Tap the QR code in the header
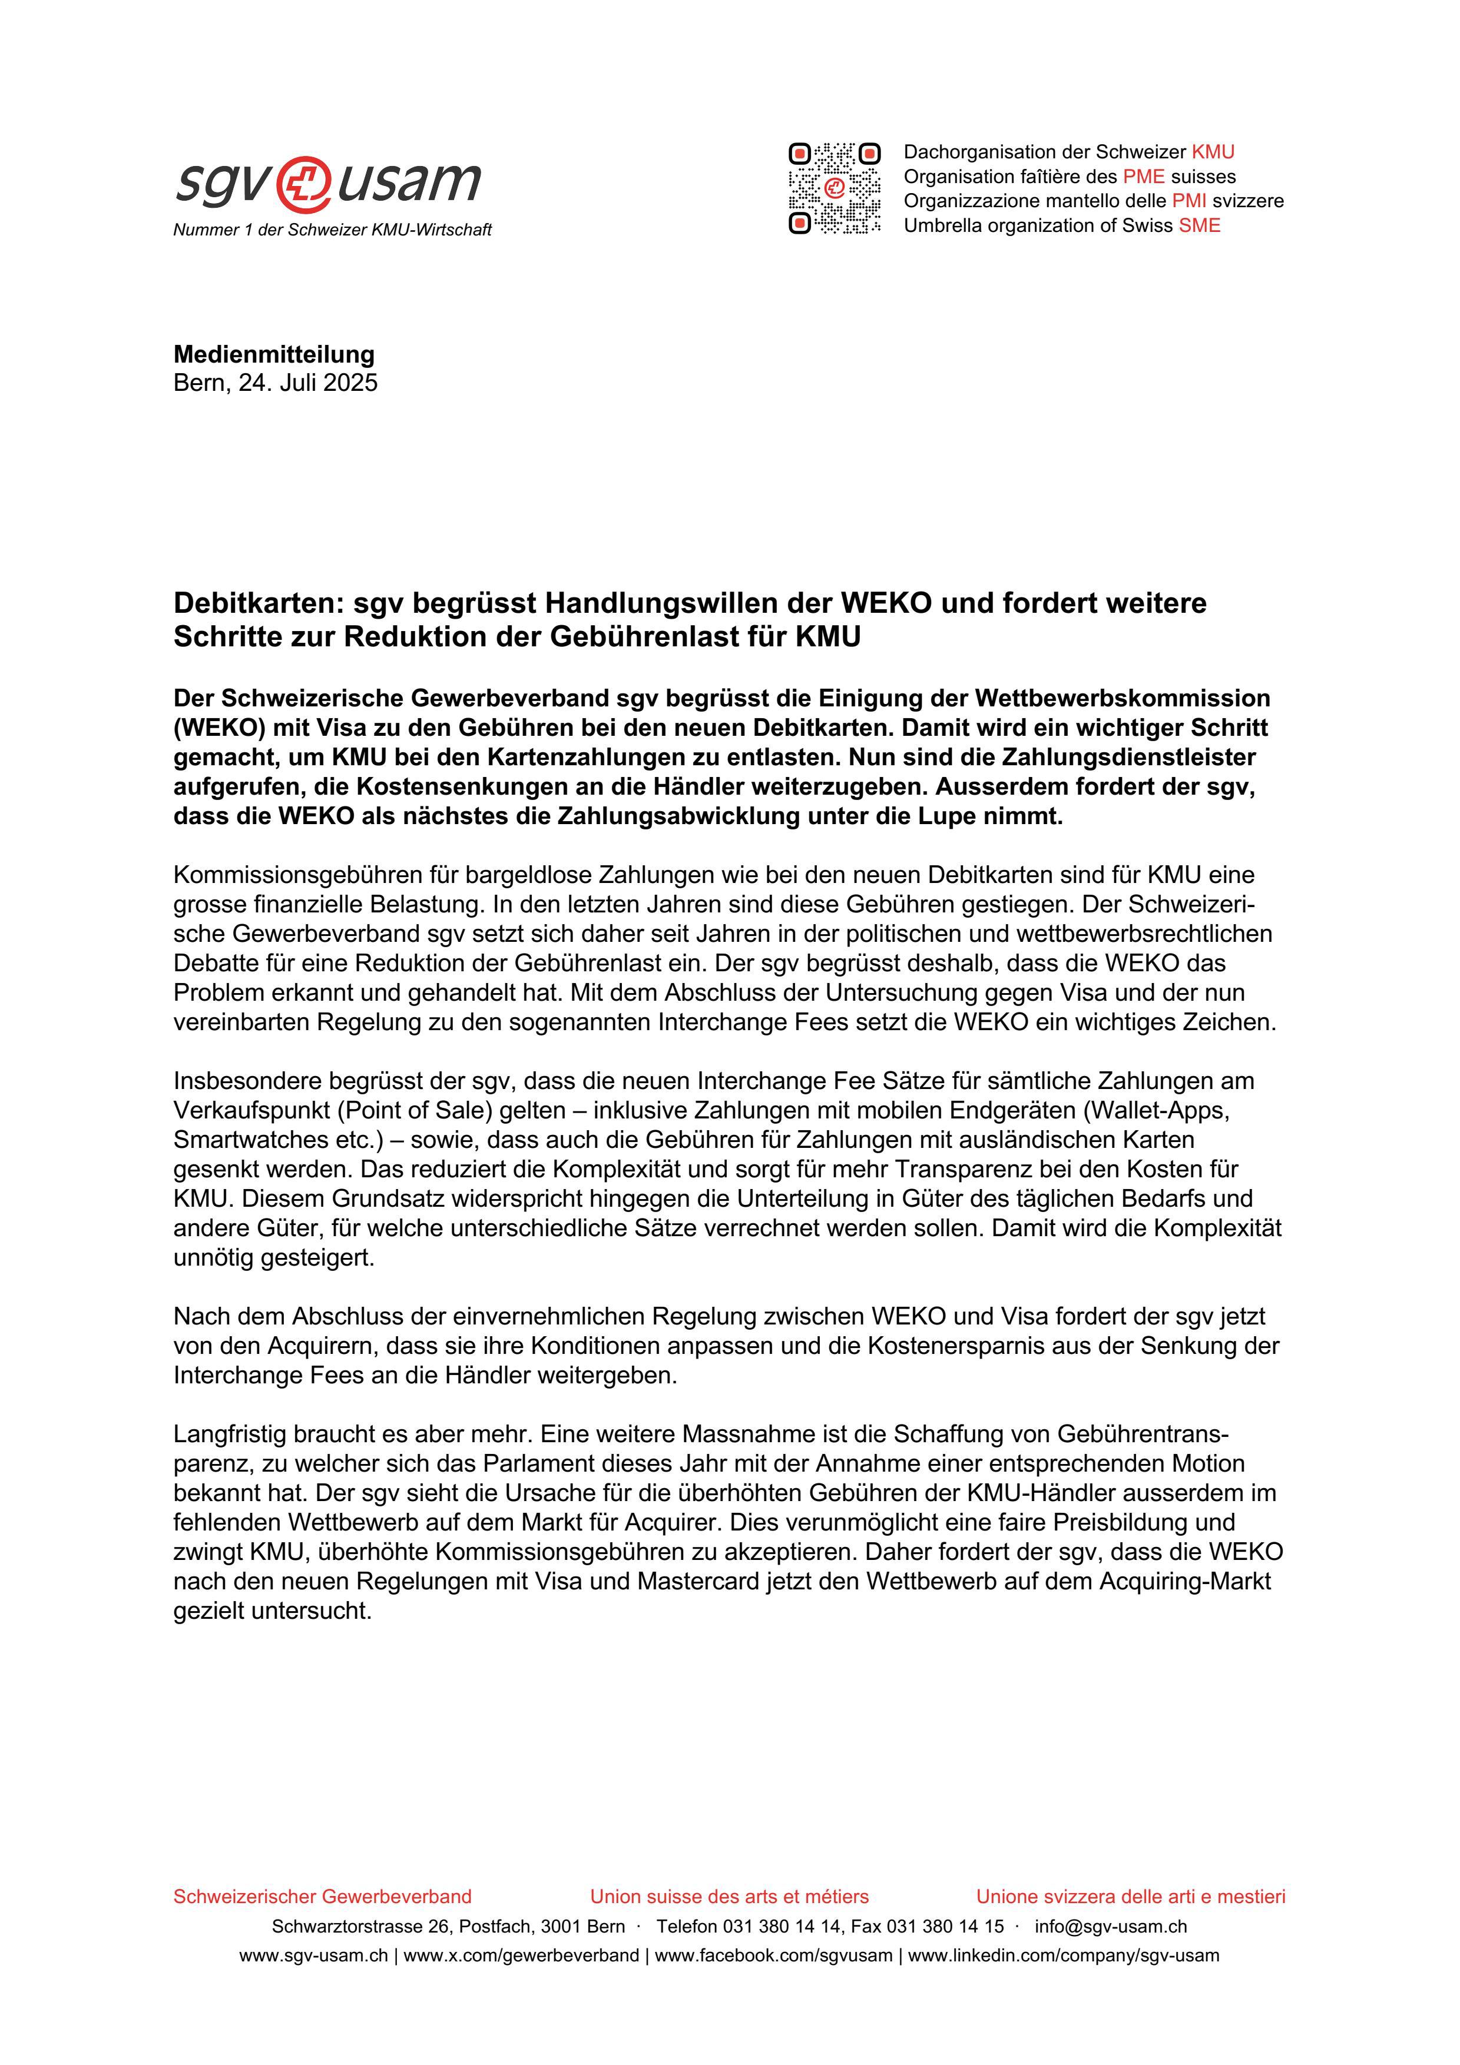click(x=834, y=189)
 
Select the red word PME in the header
click(x=1143, y=176)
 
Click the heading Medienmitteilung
click(x=273, y=354)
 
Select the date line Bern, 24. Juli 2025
click(x=275, y=383)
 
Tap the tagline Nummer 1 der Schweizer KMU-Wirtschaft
click(x=332, y=230)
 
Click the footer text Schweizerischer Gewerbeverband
click(x=322, y=1897)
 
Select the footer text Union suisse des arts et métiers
click(x=729, y=1897)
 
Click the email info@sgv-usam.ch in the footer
click(x=1110, y=1927)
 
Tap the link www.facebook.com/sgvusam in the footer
click(x=774, y=1956)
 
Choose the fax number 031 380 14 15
click(x=945, y=1927)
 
